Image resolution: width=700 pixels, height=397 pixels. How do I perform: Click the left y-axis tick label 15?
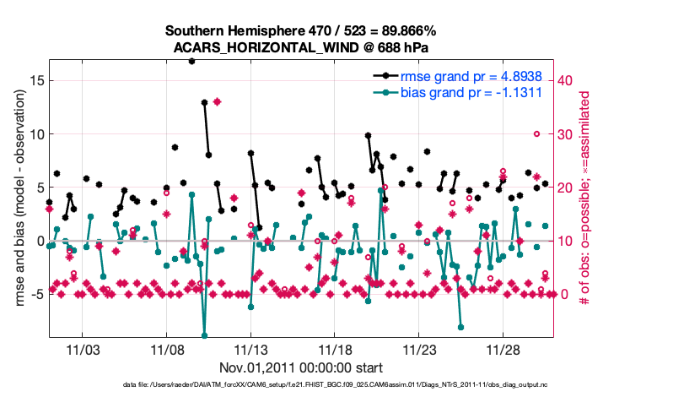click(36, 81)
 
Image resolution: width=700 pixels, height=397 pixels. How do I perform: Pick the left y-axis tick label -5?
click(36, 294)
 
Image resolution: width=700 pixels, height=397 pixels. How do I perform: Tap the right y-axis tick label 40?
click(568, 80)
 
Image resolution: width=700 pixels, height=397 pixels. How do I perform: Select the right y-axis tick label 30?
click(568, 133)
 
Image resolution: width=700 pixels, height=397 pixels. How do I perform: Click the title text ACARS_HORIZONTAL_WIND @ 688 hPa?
click(303, 47)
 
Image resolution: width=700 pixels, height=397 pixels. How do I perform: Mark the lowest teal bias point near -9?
click(204, 335)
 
